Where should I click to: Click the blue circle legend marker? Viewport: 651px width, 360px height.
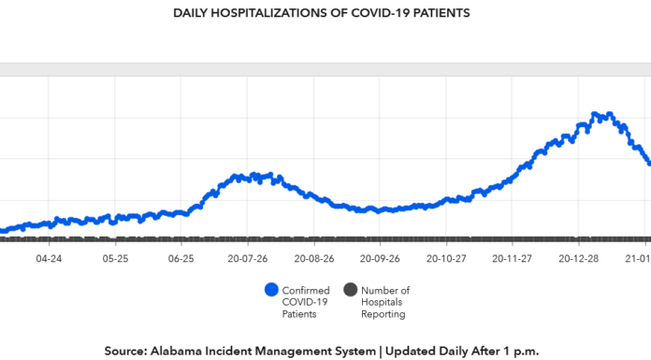click(x=271, y=290)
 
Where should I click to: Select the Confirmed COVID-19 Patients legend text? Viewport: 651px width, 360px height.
click(x=306, y=302)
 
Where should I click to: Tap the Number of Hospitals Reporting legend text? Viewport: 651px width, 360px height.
click(x=384, y=302)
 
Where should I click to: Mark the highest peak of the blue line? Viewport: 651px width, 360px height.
click(x=596, y=114)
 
